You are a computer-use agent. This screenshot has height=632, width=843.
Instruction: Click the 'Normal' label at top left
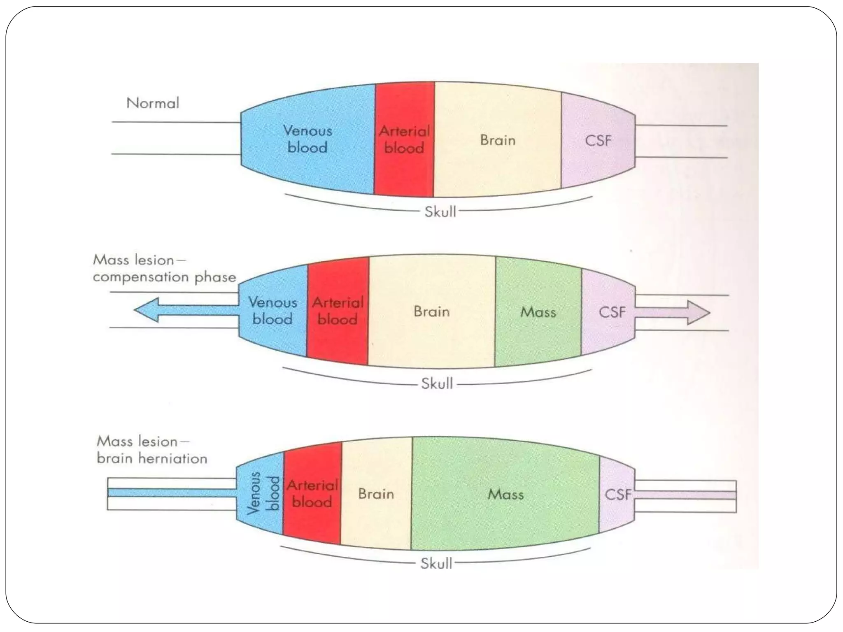tap(153, 103)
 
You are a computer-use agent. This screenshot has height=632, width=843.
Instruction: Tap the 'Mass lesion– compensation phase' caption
tap(164, 268)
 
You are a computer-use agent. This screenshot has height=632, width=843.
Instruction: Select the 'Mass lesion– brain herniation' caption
tap(151, 450)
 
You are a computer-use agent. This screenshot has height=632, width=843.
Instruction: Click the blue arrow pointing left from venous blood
tap(181, 310)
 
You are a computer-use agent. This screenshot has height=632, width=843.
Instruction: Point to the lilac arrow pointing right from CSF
tap(675, 313)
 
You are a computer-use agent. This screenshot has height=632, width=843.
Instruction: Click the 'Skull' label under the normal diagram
tap(440, 212)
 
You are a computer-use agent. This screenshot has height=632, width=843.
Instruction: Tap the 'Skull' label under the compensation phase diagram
tap(437, 384)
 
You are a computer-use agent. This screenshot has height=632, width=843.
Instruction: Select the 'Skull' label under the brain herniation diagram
tap(436, 563)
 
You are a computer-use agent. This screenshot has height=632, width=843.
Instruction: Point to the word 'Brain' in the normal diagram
tap(497, 140)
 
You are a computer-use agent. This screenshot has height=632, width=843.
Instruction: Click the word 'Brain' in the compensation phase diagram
tap(431, 311)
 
